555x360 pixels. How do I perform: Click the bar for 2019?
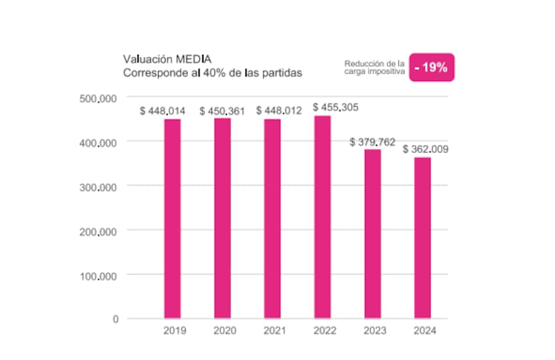172,218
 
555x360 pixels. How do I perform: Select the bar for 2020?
222,218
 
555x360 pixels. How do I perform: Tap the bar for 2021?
273,218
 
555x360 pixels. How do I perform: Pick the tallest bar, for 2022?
322,217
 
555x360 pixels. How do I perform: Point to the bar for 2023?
373,234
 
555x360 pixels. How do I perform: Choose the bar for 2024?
423,238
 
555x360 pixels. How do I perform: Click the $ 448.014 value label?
162,111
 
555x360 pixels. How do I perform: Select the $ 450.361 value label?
222,111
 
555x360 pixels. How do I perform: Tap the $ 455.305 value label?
336,107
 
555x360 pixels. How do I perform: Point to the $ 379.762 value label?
372,142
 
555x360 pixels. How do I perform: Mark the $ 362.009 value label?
425,149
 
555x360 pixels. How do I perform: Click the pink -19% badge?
432,68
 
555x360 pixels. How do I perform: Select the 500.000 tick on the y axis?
98,99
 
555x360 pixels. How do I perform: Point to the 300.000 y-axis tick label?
98,188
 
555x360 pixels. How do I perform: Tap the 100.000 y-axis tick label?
98,277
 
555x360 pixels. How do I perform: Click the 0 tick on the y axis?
115,319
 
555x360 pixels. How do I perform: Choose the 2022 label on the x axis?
325,331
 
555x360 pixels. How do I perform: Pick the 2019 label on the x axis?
174,331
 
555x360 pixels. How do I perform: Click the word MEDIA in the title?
194,59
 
